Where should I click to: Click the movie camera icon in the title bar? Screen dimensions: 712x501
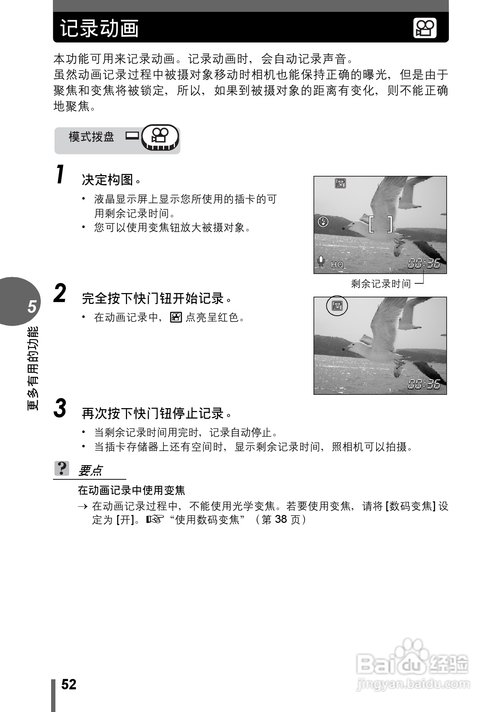[x=425, y=28]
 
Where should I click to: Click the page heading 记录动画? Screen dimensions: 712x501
[x=100, y=28]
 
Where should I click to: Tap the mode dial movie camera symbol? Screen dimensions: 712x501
[x=160, y=136]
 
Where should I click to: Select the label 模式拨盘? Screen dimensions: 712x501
[x=91, y=137]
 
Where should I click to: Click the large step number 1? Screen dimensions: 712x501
[x=61, y=174]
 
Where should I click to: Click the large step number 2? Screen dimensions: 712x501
[x=60, y=293]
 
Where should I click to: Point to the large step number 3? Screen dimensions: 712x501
[x=60, y=409]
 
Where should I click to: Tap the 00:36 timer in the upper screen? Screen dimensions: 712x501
[x=424, y=264]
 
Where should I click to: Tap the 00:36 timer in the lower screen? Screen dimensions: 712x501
[x=424, y=384]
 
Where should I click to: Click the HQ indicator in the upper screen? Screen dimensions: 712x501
[x=337, y=264]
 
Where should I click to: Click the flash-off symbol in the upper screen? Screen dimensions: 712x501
[x=323, y=222]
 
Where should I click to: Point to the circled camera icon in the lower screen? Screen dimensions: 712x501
[x=337, y=306]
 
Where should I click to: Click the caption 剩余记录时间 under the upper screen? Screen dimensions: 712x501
[x=381, y=284]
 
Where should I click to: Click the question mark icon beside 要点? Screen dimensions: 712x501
[x=62, y=469]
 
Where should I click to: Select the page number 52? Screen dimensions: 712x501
[x=69, y=685]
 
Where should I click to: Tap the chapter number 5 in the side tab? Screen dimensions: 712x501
[x=32, y=306]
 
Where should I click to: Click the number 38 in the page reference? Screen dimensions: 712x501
[x=281, y=519]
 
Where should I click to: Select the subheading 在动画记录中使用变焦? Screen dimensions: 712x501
[x=132, y=490]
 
